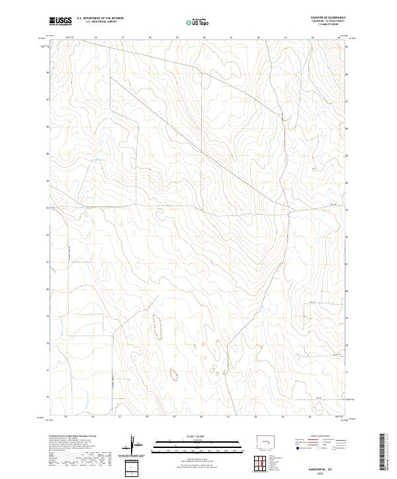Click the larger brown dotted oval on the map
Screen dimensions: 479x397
(157, 326)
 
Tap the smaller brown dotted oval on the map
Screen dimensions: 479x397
(174, 375)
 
